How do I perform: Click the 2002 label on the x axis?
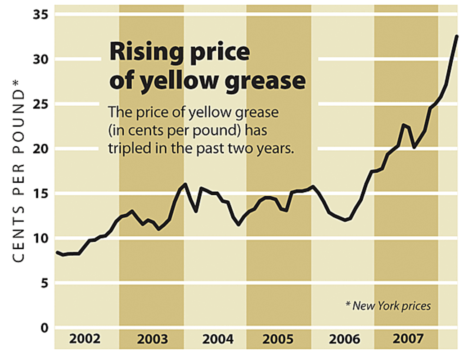pyautogui.click(x=85, y=338)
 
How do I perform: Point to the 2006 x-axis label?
pyautogui.click(x=345, y=338)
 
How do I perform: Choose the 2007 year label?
pyautogui.click(x=408, y=338)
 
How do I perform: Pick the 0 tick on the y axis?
pyautogui.click(x=44, y=328)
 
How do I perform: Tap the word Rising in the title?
pyautogui.click(x=144, y=52)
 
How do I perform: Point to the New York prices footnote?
pyautogui.click(x=388, y=306)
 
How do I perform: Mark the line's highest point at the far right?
pyautogui.click(x=457, y=36)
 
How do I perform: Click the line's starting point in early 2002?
pyautogui.click(x=57, y=252)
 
